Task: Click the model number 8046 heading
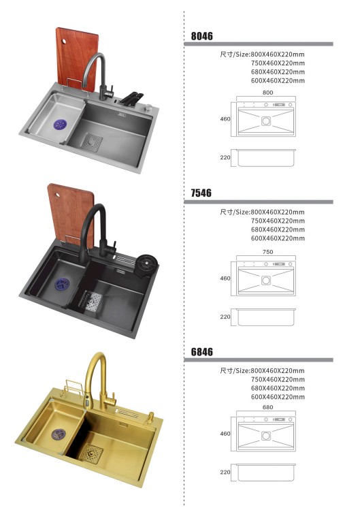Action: click(201, 36)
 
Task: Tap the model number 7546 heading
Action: click(201, 193)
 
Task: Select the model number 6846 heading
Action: click(201, 352)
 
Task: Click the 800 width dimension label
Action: click(267, 93)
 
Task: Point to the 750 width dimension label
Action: click(267, 252)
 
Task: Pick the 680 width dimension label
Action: click(267, 407)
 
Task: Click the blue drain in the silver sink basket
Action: click(60, 124)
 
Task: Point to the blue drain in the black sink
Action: click(62, 284)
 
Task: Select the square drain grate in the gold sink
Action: click(91, 453)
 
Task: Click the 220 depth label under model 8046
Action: click(225, 157)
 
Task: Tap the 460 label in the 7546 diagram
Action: click(225, 278)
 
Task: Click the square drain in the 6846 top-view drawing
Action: click(266, 436)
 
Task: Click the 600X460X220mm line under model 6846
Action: click(278, 397)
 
